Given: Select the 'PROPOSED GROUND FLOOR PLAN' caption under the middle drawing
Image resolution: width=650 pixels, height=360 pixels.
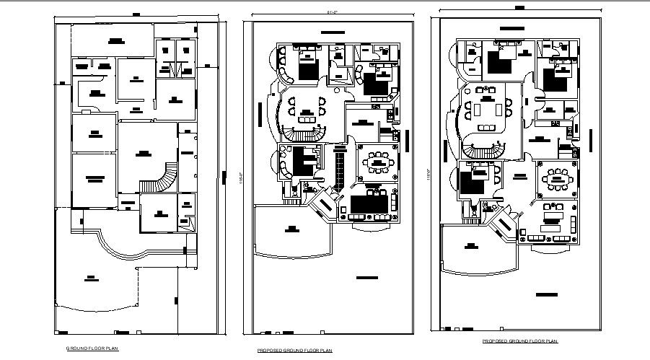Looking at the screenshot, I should point(294,351).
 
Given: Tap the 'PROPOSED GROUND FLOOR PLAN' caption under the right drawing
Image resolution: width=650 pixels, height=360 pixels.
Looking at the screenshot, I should point(519,341).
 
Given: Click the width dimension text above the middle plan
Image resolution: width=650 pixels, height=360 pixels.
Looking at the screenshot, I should point(333,13).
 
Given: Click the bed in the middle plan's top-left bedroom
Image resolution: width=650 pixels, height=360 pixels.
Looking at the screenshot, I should point(307,65).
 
